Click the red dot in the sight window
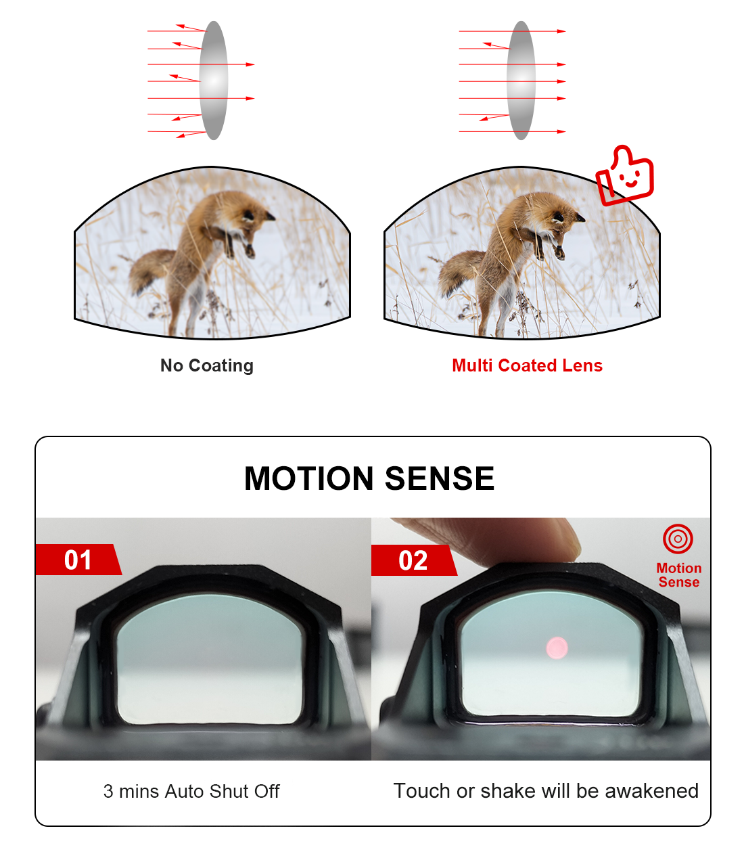click(x=557, y=648)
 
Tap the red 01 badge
click(x=78, y=560)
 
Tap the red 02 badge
click(x=413, y=560)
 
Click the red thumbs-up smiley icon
click(x=624, y=175)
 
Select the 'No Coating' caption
click(x=207, y=365)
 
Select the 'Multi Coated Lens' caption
click(x=527, y=365)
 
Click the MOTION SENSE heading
click(x=369, y=478)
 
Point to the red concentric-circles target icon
click(x=678, y=539)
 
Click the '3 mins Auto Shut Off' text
click(x=191, y=791)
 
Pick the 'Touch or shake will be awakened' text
click(x=546, y=791)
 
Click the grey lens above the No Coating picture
click(x=213, y=80)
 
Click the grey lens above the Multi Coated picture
click(x=521, y=80)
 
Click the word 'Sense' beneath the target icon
click(x=678, y=582)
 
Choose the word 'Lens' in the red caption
click(x=582, y=365)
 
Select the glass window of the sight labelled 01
click(x=209, y=659)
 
